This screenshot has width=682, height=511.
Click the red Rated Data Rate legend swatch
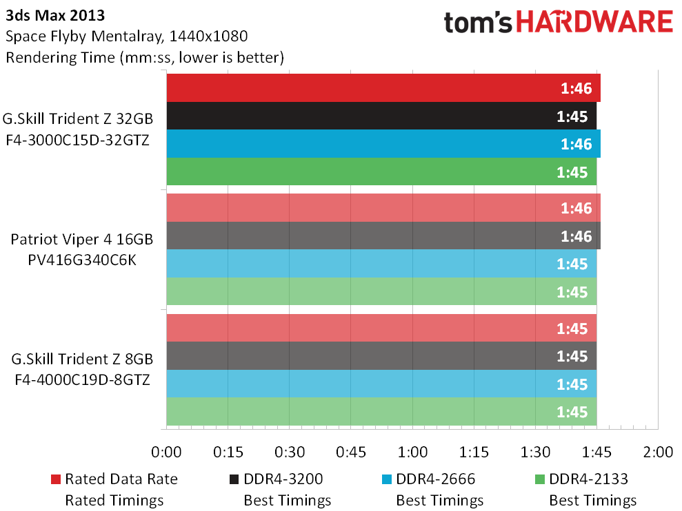(x=56, y=479)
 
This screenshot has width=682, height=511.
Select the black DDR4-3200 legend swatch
(x=234, y=479)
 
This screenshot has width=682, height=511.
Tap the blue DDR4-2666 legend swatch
(x=387, y=479)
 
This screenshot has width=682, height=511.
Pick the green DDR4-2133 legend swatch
(x=540, y=479)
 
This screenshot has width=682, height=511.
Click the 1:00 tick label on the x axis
(x=412, y=452)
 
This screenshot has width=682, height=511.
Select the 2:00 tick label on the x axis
(x=658, y=452)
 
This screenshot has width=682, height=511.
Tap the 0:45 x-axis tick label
(x=351, y=452)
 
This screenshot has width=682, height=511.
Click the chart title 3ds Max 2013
(x=55, y=16)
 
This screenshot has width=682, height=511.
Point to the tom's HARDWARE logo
(x=559, y=23)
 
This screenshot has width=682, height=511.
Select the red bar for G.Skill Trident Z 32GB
(x=383, y=87)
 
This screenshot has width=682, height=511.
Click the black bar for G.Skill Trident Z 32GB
(x=381, y=116)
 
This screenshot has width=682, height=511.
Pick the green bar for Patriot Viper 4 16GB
(x=381, y=291)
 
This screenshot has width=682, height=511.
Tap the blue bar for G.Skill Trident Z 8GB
(x=381, y=384)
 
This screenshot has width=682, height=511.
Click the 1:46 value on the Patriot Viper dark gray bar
(x=576, y=236)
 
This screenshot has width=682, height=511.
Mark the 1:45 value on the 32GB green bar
(x=572, y=172)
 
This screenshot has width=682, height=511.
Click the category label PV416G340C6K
(x=82, y=260)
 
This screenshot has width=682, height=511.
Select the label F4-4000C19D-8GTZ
(x=82, y=379)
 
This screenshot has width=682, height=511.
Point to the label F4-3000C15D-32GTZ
(x=77, y=140)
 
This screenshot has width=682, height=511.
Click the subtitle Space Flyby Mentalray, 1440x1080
(x=127, y=36)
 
